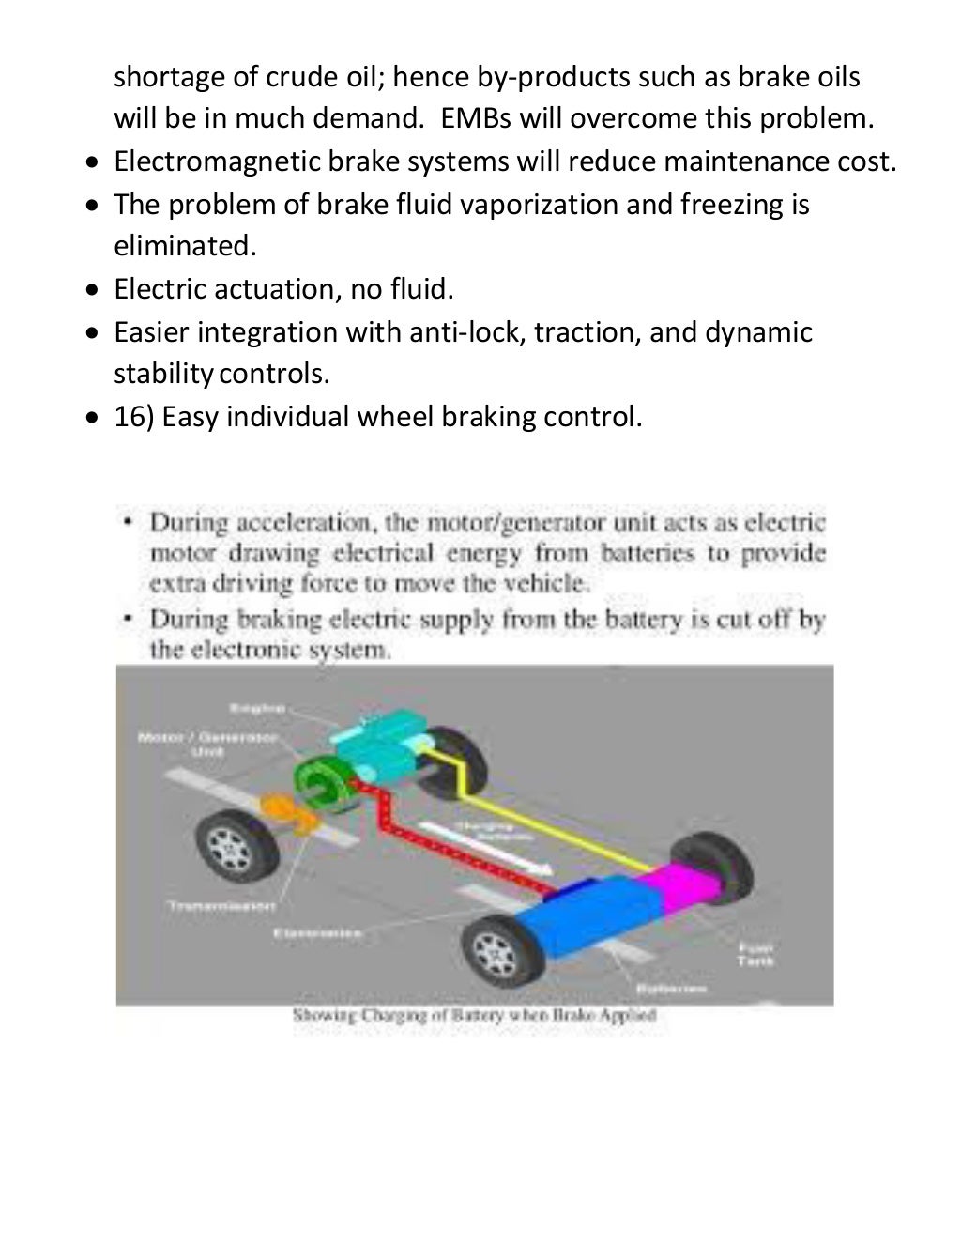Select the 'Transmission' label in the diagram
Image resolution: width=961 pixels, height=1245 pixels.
point(221,905)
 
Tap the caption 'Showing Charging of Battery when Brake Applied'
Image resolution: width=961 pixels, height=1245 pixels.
point(474,1015)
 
